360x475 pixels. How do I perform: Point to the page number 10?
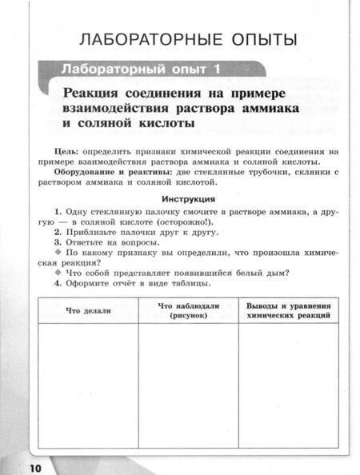tap(18, 467)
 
